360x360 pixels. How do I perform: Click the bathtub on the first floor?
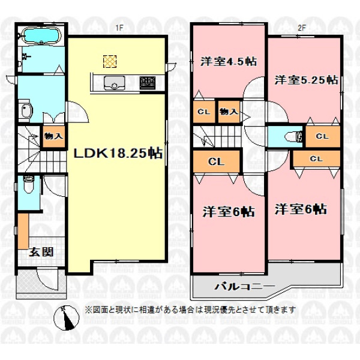(x=42, y=35)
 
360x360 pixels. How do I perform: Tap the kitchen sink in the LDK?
(x=115, y=83)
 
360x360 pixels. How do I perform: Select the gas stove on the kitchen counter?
(x=148, y=83)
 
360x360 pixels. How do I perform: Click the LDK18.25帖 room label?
(x=118, y=153)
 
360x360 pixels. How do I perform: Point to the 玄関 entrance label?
(x=41, y=252)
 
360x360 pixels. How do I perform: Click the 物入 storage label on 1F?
(x=53, y=136)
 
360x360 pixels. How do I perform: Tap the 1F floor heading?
(x=119, y=28)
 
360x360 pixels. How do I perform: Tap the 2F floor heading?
(x=302, y=28)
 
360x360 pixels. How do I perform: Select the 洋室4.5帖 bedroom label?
(x=229, y=62)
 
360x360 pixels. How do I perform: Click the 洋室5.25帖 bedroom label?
(x=306, y=80)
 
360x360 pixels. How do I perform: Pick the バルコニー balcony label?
(x=244, y=286)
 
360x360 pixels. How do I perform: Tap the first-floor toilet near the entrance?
(x=29, y=184)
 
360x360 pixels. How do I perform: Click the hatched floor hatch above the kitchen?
(x=110, y=62)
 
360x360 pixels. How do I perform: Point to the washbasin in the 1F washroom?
(x=25, y=110)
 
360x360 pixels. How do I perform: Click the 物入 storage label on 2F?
(x=229, y=112)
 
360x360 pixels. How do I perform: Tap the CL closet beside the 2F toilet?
(x=322, y=136)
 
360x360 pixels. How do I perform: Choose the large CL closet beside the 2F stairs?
(x=216, y=161)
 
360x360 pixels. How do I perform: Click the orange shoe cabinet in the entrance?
(x=23, y=231)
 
